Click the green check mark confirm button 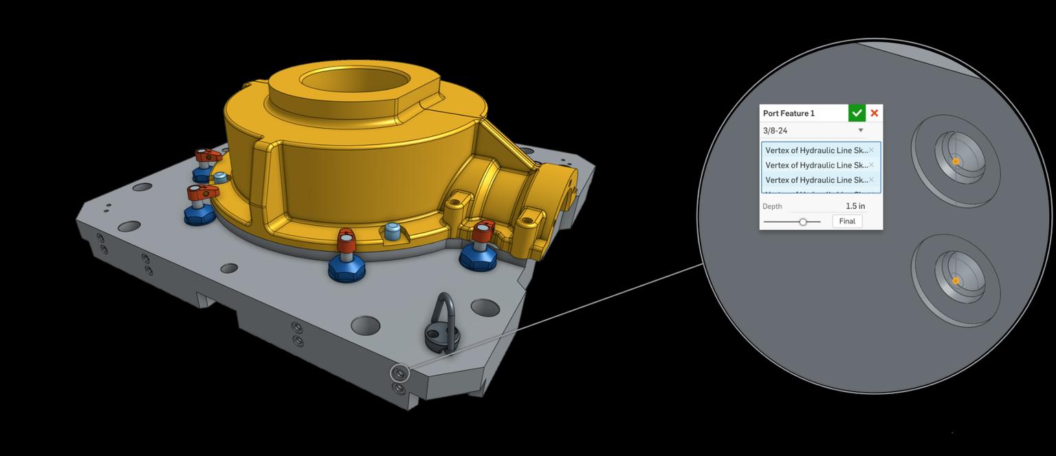[857, 113]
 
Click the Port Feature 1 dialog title [789, 113]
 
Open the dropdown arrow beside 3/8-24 [860, 131]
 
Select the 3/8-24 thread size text [775, 131]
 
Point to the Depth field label [772, 206]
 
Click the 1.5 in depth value [855, 206]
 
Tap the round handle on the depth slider [802, 221]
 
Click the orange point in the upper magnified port [956, 162]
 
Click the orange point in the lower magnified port [956, 281]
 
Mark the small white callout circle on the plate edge [399, 373]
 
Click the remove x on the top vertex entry [871, 150]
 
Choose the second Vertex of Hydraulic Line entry [816, 165]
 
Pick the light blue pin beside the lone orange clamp [393, 230]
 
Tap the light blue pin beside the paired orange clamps [220, 178]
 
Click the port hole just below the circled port [399, 389]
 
